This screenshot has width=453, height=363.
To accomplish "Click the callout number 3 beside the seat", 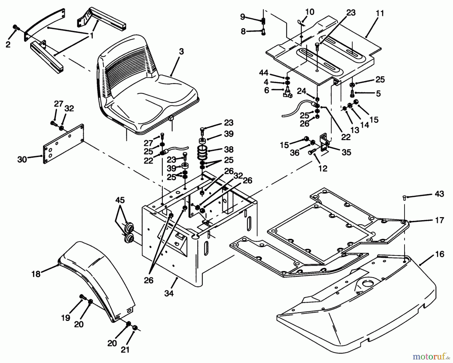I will click(181, 52).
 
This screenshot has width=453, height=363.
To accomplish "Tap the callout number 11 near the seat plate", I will click(380, 13).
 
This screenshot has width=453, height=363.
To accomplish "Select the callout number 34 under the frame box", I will click(169, 293).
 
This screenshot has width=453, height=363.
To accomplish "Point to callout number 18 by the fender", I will click(36, 274).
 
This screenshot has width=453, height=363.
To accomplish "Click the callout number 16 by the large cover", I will click(439, 254).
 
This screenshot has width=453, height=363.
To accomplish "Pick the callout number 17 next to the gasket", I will click(439, 220).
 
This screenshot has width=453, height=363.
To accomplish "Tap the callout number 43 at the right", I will click(439, 194).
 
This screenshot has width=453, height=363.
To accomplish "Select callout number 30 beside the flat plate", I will click(22, 159).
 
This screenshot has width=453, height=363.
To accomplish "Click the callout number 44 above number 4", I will click(263, 73).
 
